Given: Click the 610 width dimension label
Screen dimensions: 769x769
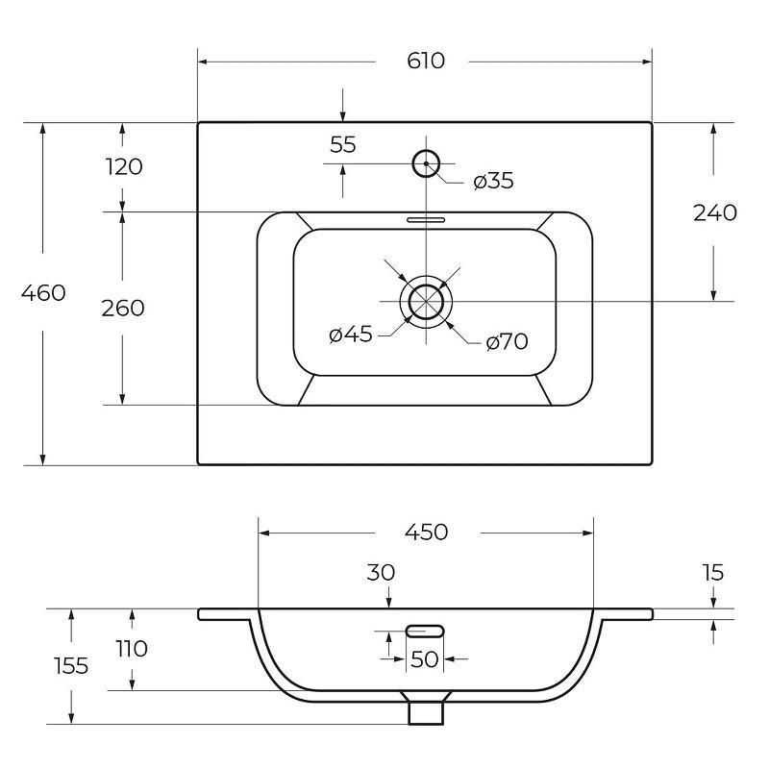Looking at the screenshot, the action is tap(426, 61).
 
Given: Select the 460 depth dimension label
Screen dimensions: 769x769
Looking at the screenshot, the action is tap(43, 293).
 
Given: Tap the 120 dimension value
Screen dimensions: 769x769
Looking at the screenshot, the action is tap(124, 166).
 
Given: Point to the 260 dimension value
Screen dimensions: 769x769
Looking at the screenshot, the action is tap(123, 308).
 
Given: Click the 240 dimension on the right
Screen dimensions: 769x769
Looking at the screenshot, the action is tap(714, 212).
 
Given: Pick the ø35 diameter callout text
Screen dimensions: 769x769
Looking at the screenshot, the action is tap(493, 181).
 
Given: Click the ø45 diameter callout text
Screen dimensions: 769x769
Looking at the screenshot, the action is tap(351, 335).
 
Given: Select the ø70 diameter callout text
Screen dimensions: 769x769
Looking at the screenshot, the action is tap(507, 342).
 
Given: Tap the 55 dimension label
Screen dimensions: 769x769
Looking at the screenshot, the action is tap(343, 145).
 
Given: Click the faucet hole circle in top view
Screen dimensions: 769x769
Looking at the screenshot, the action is tap(426, 150).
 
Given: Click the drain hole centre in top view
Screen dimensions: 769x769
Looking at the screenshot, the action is tap(426, 301).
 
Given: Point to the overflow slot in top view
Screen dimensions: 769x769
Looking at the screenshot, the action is tap(426, 219).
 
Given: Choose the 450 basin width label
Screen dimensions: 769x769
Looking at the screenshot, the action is tap(426, 533).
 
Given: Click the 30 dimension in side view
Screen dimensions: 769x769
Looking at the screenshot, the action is tap(381, 572).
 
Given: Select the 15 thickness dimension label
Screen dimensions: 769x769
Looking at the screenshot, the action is tap(712, 572).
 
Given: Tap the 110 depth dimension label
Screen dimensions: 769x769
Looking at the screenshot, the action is tap(132, 649).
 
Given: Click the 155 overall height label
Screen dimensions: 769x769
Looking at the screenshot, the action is tap(71, 666).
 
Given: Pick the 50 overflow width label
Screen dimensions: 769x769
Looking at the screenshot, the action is tap(424, 659).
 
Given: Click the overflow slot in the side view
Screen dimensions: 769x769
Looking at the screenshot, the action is tap(425, 632).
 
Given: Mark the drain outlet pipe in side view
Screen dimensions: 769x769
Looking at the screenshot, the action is tap(426, 713).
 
